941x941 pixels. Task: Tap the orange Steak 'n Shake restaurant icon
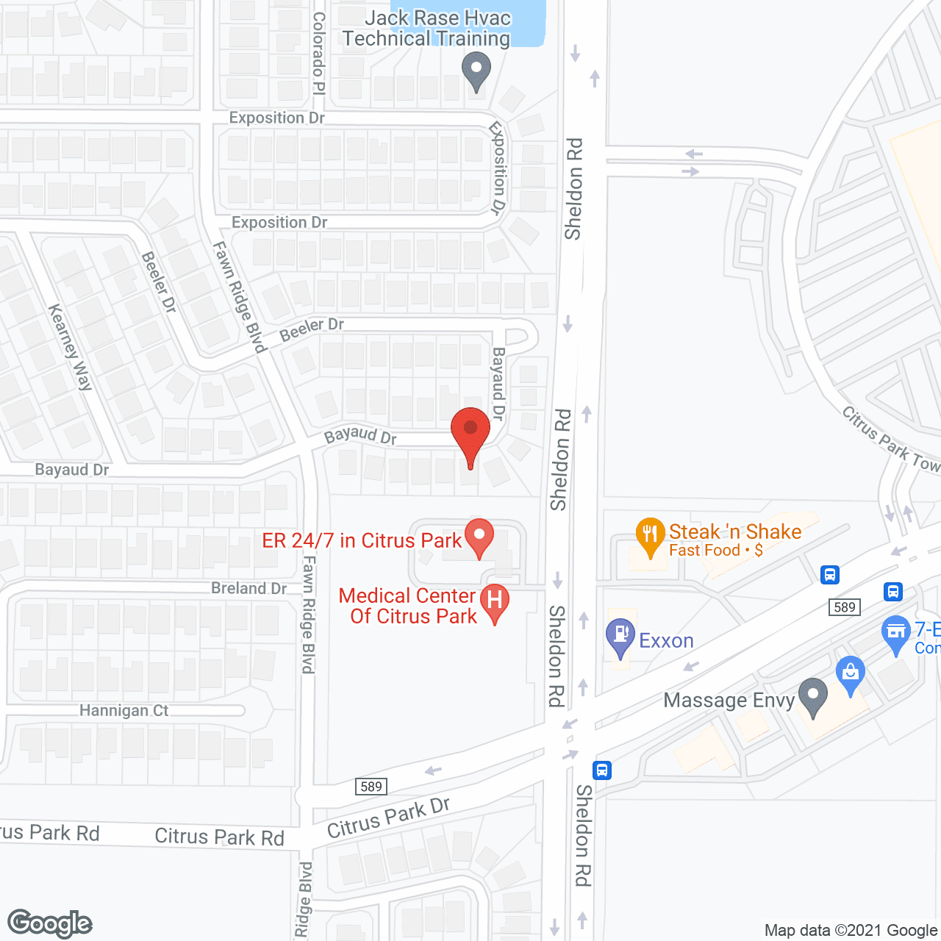(x=650, y=536)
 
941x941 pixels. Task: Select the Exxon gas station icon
(x=620, y=636)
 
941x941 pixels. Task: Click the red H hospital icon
(x=495, y=602)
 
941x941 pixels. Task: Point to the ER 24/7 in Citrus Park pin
(x=479, y=537)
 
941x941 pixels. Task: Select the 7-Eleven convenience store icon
(x=895, y=633)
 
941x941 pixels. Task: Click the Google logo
(x=50, y=923)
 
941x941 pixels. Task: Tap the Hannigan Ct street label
(x=124, y=711)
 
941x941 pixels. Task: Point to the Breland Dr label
(x=248, y=588)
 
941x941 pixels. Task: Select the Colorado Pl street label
(x=319, y=53)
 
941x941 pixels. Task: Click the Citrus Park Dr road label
(x=388, y=817)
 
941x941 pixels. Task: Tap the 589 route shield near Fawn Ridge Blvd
(x=371, y=787)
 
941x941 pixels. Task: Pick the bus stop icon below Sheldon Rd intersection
(x=601, y=770)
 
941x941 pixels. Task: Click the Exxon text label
(x=666, y=641)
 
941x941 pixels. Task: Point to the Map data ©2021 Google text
(x=851, y=931)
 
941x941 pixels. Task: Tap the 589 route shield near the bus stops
(x=845, y=607)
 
